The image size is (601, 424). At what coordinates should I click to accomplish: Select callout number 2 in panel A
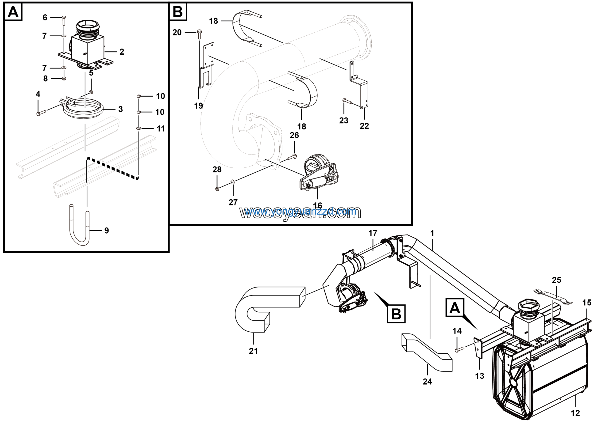pos(122,52)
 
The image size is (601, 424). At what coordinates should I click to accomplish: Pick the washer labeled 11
pos(139,128)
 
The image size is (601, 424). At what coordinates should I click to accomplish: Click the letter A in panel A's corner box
pos(13,12)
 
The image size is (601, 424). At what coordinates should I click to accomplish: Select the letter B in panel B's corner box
pos(178,12)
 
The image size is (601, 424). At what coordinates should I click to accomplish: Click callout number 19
pos(198,106)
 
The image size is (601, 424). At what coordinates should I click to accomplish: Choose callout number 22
pos(364,126)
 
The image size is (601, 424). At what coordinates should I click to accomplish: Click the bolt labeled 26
pos(292,157)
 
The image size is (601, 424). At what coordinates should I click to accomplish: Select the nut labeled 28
pos(217,189)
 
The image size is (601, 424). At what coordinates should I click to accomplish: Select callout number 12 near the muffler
pos(575,413)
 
